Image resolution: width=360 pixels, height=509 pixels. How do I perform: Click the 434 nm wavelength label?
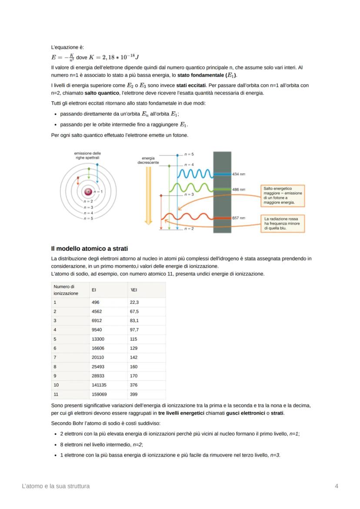tap(239, 174)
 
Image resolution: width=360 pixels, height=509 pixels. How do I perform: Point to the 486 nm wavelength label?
tap(239, 190)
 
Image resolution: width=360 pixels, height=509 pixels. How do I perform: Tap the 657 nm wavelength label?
tap(239, 218)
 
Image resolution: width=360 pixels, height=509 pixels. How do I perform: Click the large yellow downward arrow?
tap(149, 196)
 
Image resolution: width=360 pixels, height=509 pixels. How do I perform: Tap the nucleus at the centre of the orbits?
tap(88, 191)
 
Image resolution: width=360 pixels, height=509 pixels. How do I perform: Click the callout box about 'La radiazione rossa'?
tap(282, 223)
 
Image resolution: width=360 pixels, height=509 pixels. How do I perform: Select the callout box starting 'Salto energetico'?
tap(282, 195)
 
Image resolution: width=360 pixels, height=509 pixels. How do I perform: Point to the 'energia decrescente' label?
tap(148, 160)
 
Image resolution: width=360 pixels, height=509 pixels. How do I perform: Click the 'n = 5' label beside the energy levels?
tap(189, 154)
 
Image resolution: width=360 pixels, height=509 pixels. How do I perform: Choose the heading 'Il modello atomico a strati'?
tap(89, 249)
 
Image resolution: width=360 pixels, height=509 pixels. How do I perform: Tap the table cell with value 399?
tap(134, 394)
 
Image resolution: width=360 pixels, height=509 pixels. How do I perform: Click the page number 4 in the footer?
tap(337, 486)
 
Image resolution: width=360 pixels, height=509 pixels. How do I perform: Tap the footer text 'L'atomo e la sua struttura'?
tap(56, 486)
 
